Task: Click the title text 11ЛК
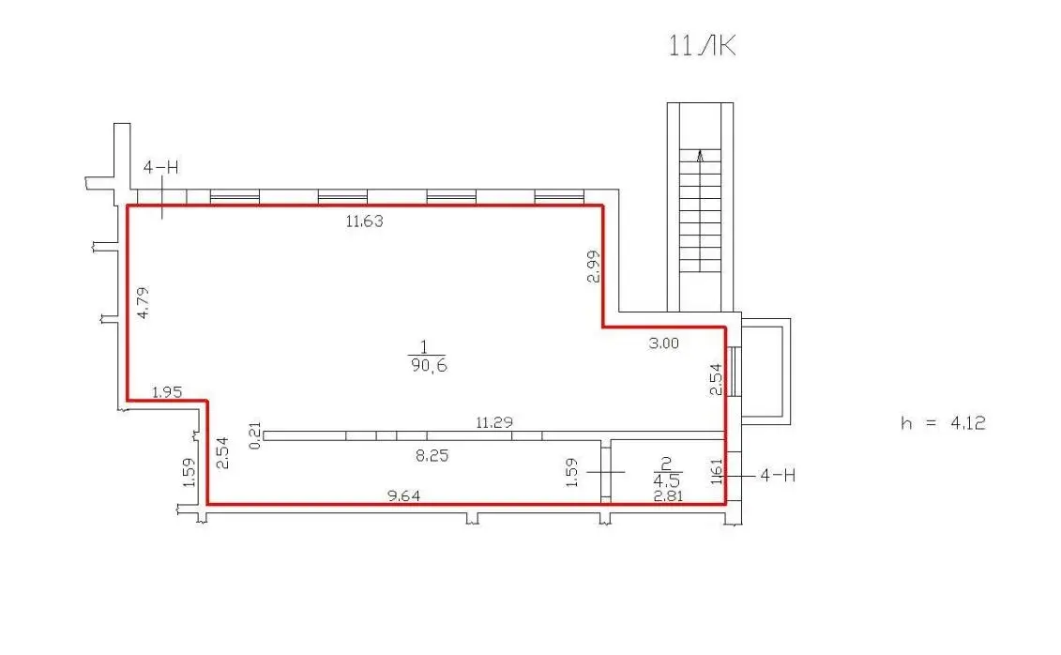[x=702, y=45]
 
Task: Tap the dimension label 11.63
[x=364, y=221]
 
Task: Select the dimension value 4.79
[x=143, y=302]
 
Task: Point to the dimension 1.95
[x=166, y=392]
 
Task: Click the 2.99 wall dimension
[x=594, y=267]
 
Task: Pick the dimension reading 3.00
[x=663, y=343]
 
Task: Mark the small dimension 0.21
[x=255, y=435]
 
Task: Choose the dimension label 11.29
[x=494, y=423]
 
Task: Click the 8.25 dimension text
[x=432, y=455]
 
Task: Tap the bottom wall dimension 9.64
[x=403, y=496]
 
